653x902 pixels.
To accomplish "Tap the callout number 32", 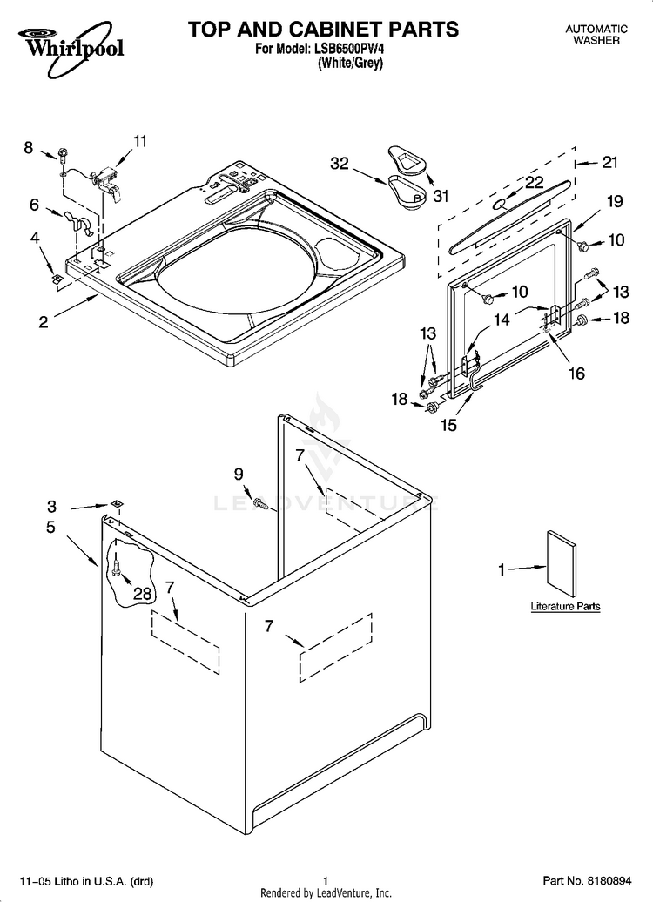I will (340, 162).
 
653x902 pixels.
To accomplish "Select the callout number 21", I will (609, 162).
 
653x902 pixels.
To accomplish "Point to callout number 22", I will (534, 182).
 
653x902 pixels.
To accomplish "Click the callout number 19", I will (615, 201).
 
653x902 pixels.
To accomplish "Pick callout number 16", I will (576, 374).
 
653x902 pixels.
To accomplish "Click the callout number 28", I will (142, 593).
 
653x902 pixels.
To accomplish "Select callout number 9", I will (238, 474).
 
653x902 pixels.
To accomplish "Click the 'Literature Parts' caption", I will (565, 606).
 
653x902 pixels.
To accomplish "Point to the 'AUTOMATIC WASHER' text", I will (596, 35).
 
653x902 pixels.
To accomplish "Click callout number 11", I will (140, 140).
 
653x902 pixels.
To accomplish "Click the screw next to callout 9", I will (259, 501).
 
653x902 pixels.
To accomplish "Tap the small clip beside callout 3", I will (114, 504).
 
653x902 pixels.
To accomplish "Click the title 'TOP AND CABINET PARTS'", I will (323, 29).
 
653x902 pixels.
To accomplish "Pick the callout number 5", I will (50, 527).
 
